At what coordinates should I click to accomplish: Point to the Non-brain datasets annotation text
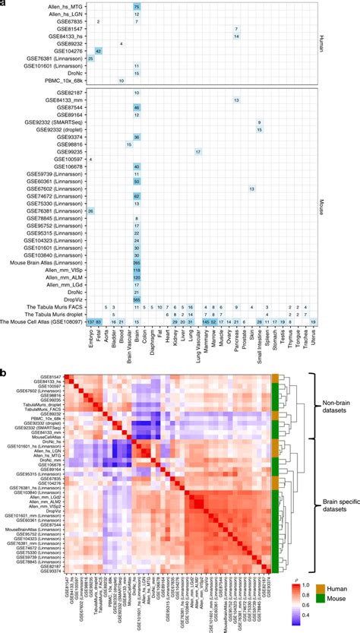tap(334, 407)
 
